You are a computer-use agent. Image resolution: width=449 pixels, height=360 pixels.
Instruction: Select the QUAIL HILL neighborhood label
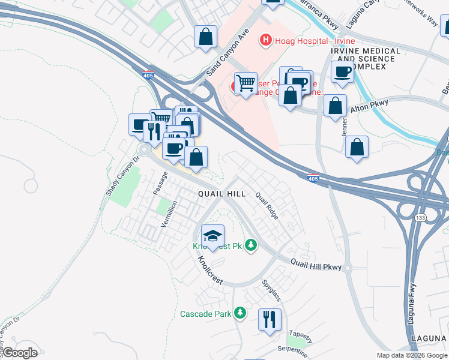222,194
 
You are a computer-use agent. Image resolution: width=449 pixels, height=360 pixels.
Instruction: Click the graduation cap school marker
212,235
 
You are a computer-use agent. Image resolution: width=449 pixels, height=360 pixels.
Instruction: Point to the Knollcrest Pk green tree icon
250,245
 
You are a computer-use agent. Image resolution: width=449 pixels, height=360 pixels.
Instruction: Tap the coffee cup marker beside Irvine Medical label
342,73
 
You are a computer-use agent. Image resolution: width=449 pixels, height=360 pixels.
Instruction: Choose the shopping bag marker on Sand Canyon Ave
205,37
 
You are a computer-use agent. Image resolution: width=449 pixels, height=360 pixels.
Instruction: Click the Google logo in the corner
20,353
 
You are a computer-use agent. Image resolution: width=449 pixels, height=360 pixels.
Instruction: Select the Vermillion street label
169,214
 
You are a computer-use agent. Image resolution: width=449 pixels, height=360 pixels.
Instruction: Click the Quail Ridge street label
267,205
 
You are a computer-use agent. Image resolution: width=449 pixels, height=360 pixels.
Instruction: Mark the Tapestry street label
300,334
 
